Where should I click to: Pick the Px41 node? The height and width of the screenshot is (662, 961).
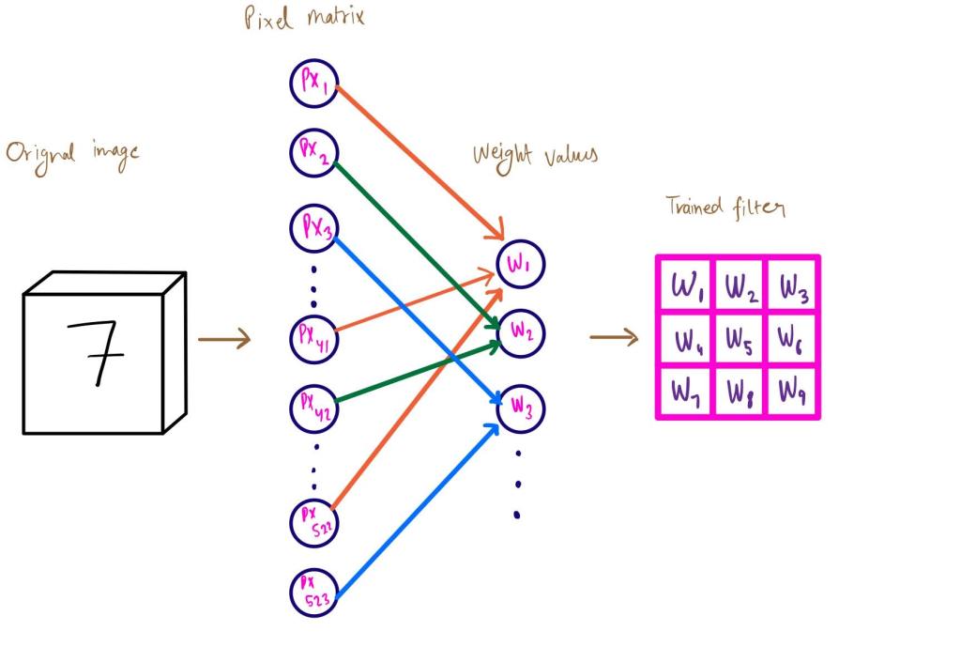coord(313,335)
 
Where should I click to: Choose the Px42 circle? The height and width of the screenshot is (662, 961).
coord(313,405)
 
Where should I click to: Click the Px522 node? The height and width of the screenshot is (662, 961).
coord(313,518)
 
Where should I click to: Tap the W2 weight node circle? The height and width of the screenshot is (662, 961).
coord(521,332)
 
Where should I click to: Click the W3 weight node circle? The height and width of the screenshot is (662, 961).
coord(521,408)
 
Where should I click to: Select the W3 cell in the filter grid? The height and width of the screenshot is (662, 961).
coord(791,284)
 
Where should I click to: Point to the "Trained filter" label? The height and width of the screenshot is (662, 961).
coord(725,206)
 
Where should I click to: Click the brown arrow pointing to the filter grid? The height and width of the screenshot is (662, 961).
coord(614,336)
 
